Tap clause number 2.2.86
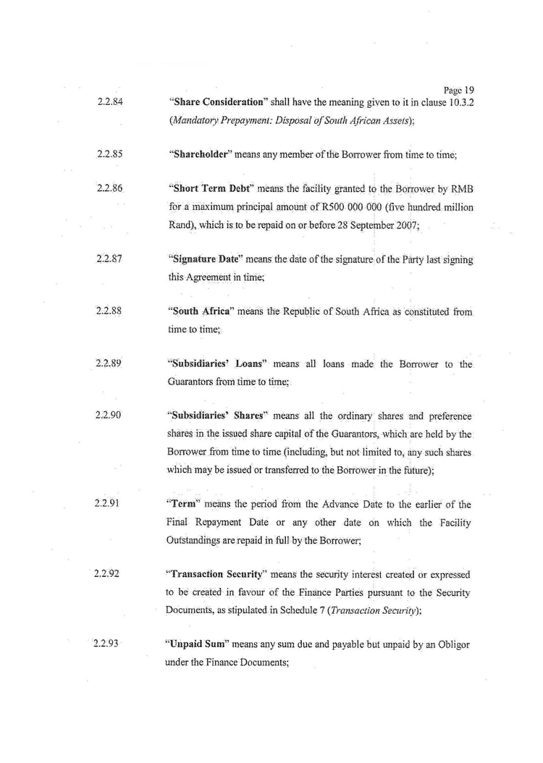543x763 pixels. point(109,188)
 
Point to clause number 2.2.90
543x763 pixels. point(109,416)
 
